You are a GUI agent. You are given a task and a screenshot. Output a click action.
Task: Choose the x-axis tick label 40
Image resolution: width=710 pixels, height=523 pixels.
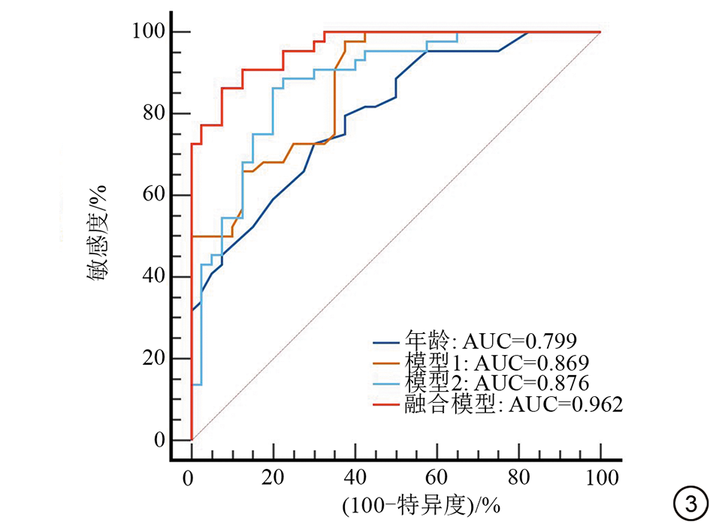point(355,477)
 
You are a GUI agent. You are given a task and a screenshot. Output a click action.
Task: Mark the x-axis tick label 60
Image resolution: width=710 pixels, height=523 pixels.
point(437,477)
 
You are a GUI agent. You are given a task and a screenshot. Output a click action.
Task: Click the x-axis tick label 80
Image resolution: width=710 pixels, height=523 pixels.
point(519,477)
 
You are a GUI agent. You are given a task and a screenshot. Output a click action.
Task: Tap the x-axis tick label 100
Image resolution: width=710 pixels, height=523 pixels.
point(600,477)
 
